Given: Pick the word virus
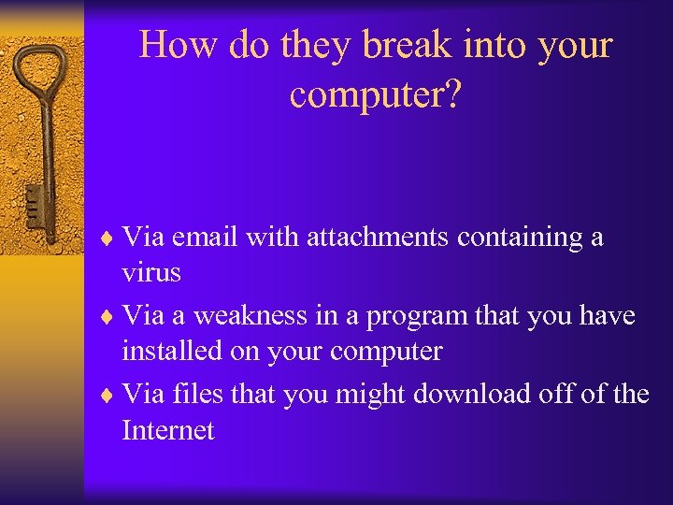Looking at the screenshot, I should point(150,273).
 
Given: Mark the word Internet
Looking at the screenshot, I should point(168,430).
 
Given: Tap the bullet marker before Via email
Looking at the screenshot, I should point(110,238).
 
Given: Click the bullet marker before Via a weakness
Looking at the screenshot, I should point(110,317).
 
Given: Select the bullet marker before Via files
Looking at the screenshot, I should point(110,395).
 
